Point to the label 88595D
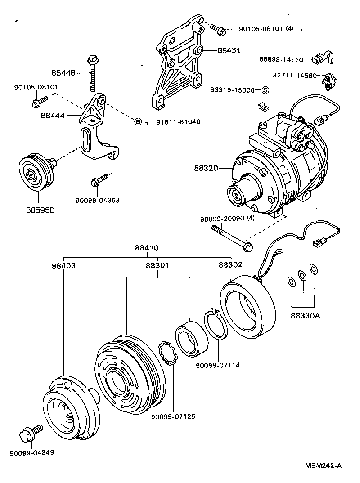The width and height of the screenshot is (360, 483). point(38,209)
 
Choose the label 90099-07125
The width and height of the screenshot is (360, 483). point(173,416)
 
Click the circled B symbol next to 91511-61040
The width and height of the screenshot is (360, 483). point(138,121)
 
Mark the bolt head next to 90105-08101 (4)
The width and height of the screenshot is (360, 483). point(220,31)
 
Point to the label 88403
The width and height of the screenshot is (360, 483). point(63,265)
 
